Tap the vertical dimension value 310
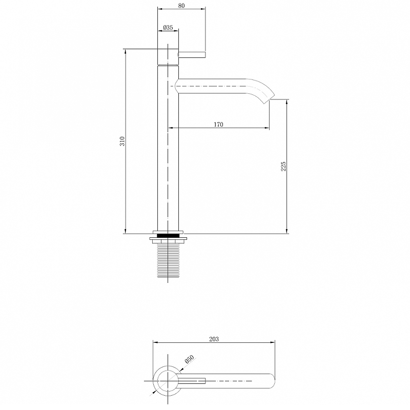122,141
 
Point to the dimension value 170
218,125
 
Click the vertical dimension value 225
283,166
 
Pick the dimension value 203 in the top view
214,339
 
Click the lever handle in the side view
192,54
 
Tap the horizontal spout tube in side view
215,86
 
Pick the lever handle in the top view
192,380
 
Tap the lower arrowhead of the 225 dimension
287,230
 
